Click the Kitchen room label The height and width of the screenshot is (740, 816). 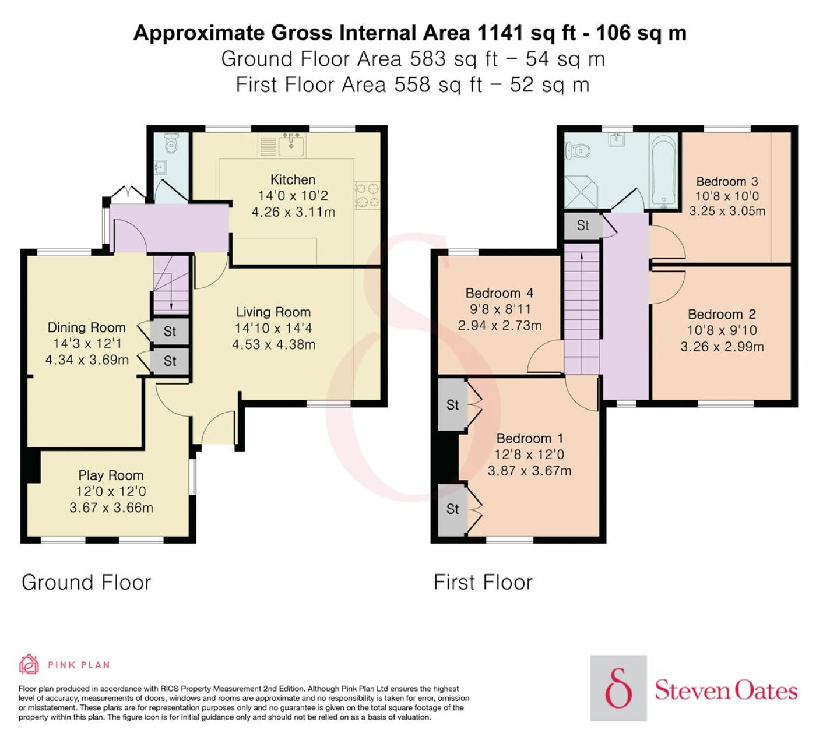293,179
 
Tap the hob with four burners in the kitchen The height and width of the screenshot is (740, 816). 367,195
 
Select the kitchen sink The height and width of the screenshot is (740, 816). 291,145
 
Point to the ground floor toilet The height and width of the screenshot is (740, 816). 171,143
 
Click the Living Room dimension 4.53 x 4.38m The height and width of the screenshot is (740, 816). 274,345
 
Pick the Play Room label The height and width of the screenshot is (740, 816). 111,475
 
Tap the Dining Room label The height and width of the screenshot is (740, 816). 87,327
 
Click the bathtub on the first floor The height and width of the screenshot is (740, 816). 664,171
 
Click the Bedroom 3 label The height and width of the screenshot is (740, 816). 727,181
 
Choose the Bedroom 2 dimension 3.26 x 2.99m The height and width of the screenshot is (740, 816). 722,347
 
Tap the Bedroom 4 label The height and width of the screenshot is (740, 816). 500,293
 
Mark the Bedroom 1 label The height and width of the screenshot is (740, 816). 530,438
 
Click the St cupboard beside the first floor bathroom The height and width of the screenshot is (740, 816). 583,225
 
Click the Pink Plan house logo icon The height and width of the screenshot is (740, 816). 29,664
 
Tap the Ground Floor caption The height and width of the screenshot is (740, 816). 86,582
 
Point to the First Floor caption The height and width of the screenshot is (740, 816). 483,582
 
